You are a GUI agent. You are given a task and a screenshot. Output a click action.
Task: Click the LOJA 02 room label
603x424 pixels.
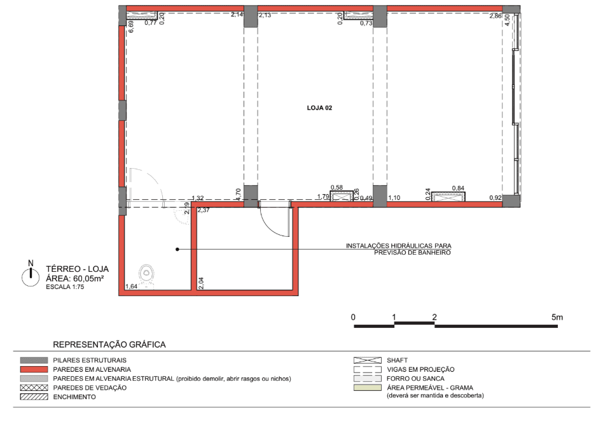point(319,108)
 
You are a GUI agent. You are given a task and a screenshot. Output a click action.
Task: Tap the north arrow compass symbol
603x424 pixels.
point(31,275)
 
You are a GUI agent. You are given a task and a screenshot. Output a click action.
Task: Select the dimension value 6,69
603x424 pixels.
point(131,26)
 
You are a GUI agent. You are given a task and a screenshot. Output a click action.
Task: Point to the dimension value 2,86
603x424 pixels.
point(496,16)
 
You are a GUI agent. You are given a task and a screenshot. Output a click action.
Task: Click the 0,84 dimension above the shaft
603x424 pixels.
point(458,188)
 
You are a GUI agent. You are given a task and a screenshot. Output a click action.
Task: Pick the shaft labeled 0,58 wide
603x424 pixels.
point(342,197)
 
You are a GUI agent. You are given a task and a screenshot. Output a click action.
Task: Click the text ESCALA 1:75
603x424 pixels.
point(65,287)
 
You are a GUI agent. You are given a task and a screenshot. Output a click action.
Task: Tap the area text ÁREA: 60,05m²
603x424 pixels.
point(75,278)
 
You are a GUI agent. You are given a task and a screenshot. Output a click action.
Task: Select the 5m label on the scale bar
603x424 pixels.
point(557,318)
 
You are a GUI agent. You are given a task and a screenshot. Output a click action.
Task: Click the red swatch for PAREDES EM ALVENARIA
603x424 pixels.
point(34,369)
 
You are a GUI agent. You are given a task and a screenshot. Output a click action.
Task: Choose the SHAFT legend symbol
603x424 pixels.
point(367,360)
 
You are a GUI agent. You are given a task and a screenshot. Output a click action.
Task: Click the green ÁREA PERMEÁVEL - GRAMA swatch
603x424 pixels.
point(367,388)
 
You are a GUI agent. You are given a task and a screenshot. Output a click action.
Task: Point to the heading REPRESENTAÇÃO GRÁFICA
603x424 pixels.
point(109,344)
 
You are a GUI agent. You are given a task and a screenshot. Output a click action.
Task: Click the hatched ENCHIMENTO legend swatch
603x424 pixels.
point(34,397)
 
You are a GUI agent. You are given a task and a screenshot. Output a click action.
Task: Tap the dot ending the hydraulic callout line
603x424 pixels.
point(177,250)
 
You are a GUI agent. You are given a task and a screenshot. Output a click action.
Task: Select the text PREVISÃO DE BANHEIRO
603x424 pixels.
point(412,253)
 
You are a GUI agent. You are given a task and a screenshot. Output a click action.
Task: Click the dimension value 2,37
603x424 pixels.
point(204,210)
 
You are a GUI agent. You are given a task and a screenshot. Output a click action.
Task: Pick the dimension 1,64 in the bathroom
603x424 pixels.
point(132,286)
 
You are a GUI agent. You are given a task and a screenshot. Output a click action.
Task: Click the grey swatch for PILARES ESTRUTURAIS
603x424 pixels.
point(34,360)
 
